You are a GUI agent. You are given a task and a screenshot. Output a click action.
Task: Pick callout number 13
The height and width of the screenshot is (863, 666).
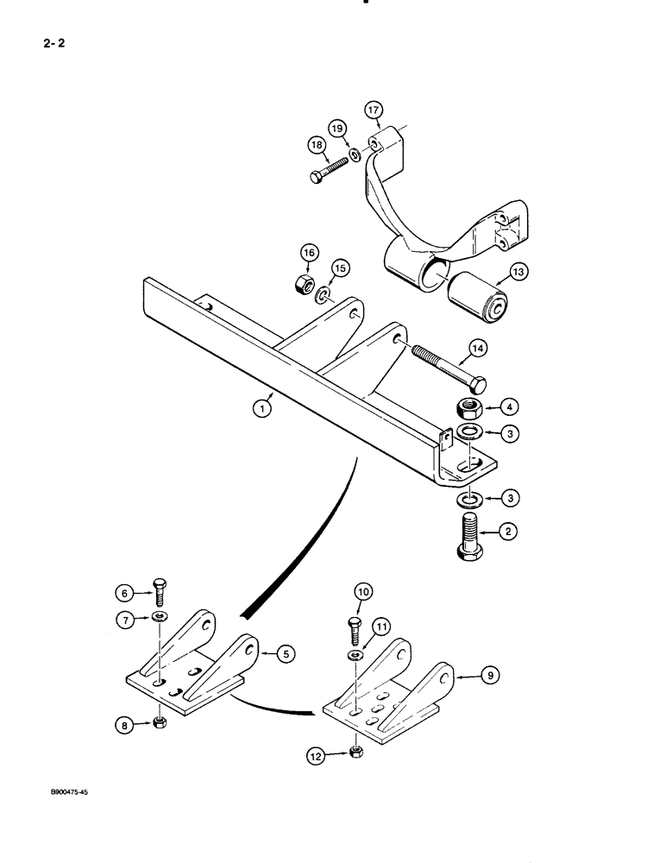coord(519,271)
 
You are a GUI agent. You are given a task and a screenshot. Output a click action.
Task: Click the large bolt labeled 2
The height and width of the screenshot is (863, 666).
coord(470,537)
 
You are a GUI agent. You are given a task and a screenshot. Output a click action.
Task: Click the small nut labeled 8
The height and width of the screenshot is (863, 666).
coord(159,721)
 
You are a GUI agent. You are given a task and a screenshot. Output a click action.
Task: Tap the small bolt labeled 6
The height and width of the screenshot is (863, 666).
coord(160,594)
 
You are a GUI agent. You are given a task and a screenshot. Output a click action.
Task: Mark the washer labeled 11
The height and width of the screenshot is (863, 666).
coord(355,658)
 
